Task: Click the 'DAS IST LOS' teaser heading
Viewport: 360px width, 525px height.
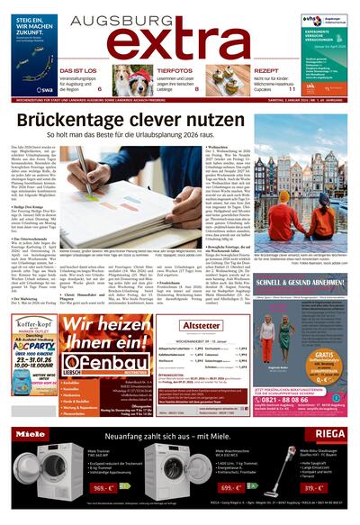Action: pos(79,70)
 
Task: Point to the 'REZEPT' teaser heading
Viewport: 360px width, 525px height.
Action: pos(266,70)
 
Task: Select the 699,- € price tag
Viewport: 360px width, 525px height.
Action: pos(233,487)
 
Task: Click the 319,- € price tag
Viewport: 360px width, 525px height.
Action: pos(337,487)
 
